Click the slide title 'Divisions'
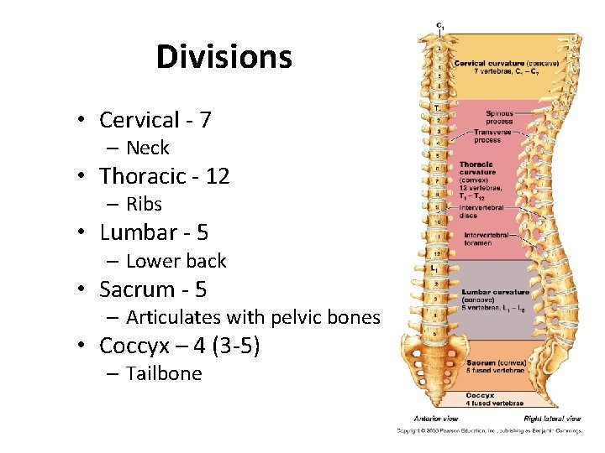coord(224,57)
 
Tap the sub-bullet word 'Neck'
coord(148,148)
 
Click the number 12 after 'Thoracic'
coord(217,176)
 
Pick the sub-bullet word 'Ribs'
coord(144,205)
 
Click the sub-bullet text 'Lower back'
coord(176,261)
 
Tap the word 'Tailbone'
coord(164,373)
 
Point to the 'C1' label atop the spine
coord(439,26)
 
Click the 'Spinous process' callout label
coord(499,117)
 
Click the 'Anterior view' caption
coord(435,418)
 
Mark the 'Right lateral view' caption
coord(550,418)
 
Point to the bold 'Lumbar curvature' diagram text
coord(496,292)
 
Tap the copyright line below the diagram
coord(490,431)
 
